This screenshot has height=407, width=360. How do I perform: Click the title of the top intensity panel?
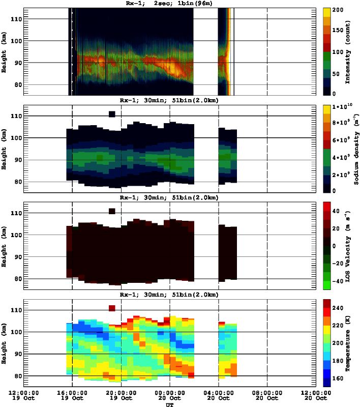[x=169, y=3]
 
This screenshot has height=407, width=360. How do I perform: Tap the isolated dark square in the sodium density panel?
[x=112, y=114]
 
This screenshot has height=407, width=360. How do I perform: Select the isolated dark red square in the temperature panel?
[x=112, y=308]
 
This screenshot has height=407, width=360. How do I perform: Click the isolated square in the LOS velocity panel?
[x=112, y=211]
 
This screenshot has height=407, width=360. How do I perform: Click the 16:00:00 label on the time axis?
[x=72, y=393]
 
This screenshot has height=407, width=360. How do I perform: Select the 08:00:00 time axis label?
[x=267, y=393]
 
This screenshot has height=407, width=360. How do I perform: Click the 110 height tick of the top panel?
[x=16, y=19]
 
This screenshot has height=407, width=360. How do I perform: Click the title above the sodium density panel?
[x=169, y=100]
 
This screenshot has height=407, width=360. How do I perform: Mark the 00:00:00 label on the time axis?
[x=169, y=393]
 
